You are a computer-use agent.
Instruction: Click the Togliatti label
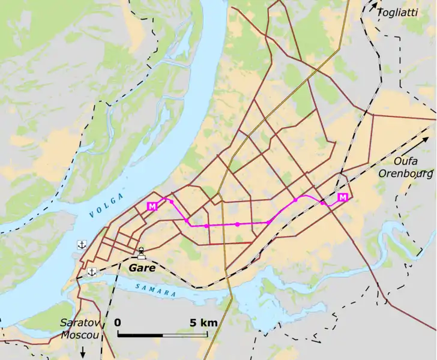tap(397, 12)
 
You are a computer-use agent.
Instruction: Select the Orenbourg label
tap(405, 174)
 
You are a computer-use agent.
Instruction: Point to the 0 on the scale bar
tap(118, 323)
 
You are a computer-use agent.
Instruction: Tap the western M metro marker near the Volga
tap(152, 206)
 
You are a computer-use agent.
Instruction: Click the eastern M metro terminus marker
tap(343, 198)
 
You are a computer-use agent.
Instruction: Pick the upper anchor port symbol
tap(82, 244)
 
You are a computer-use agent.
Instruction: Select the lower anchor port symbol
tap(92, 272)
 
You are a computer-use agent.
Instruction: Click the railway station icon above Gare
tap(141, 253)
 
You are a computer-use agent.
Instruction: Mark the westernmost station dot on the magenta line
tap(172, 202)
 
